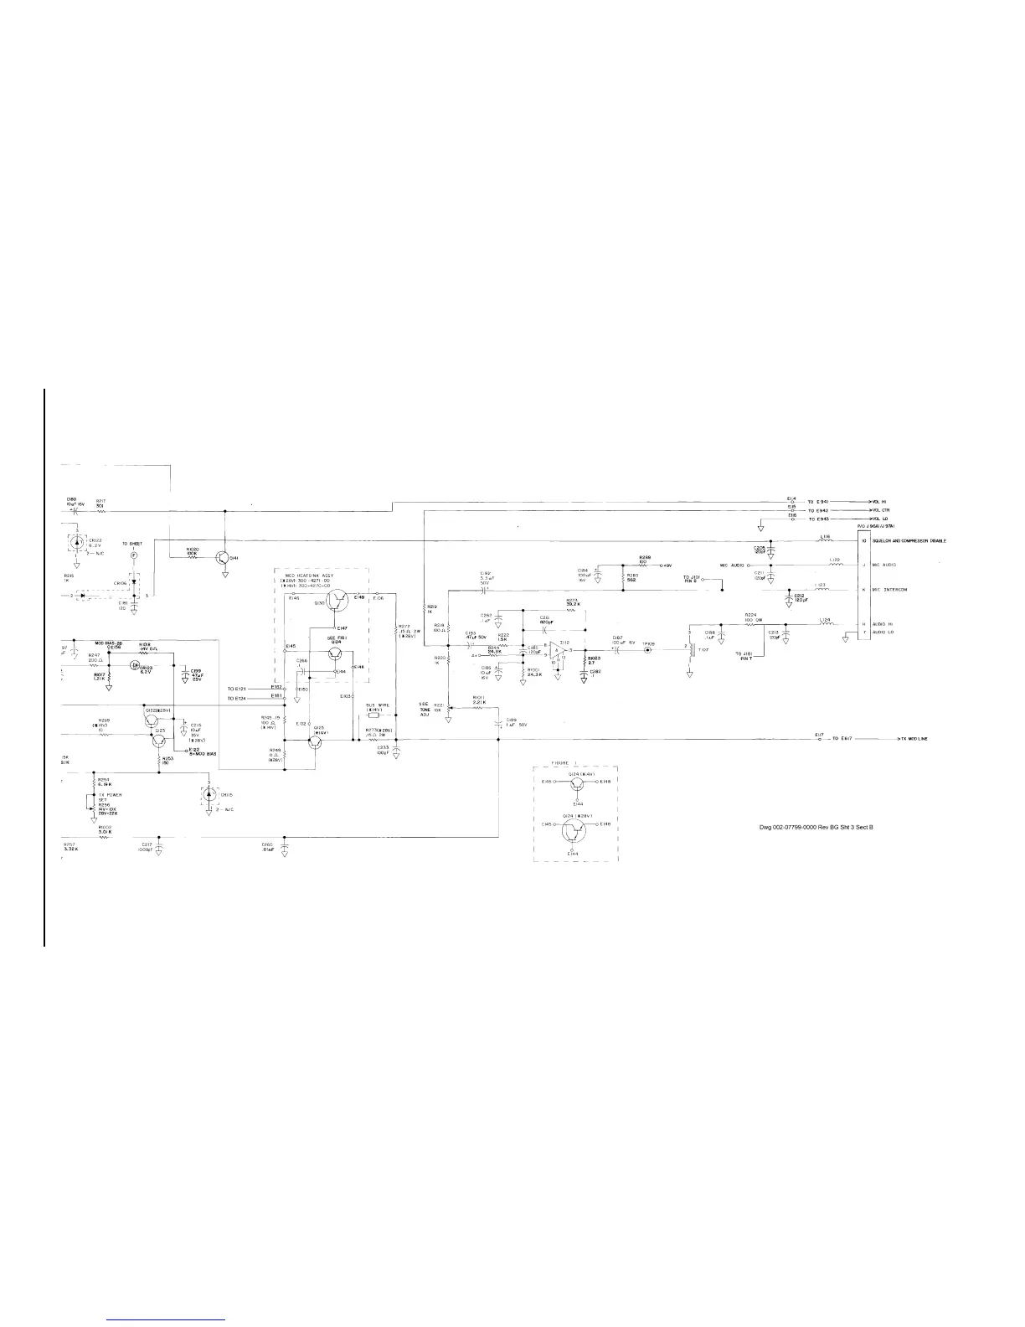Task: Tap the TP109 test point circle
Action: point(647,650)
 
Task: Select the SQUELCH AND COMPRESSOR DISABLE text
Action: point(909,541)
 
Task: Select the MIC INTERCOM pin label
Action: point(890,590)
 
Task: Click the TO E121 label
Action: point(237,688)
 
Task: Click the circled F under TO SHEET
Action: point(132,555)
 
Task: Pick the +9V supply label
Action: point(667,565)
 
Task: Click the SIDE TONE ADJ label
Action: point(424,707)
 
